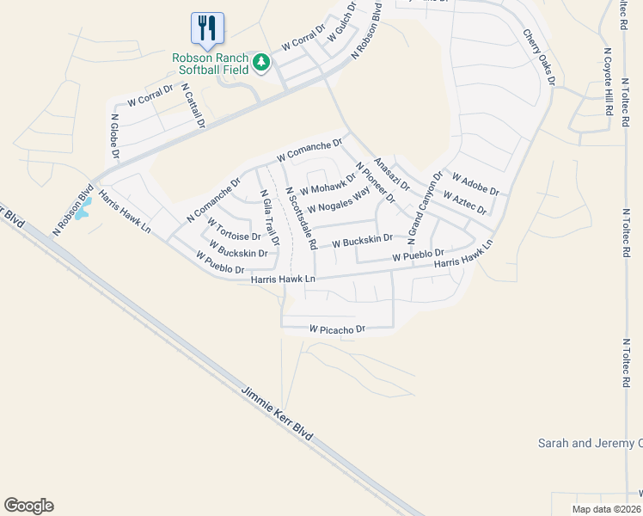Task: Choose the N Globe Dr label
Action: coord(113,136)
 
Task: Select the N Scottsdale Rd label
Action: coord(302,215)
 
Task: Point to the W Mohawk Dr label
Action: coord(328,184)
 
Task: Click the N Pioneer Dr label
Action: coord(374,182)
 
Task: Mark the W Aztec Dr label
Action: coord(464,203)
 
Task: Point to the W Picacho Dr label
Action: coord(338,329)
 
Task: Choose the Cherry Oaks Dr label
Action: coord(539,57)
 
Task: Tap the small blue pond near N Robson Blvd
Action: coord(83,211)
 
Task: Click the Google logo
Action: coord(28,506)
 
